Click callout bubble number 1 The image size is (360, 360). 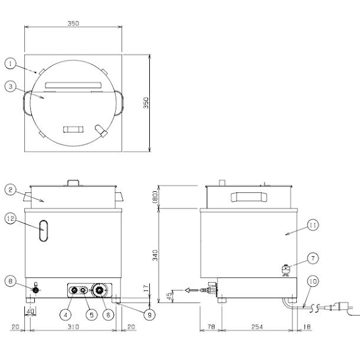click(10, 62)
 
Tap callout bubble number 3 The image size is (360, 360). click(10, 86)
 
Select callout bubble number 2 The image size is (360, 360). click(10, 189)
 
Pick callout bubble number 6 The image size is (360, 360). click(109, 315)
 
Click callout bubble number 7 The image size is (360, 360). click(313, 258)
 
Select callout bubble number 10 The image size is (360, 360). click(313, 282)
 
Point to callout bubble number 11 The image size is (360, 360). click(313, 224)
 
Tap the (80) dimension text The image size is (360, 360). click(155, 197)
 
